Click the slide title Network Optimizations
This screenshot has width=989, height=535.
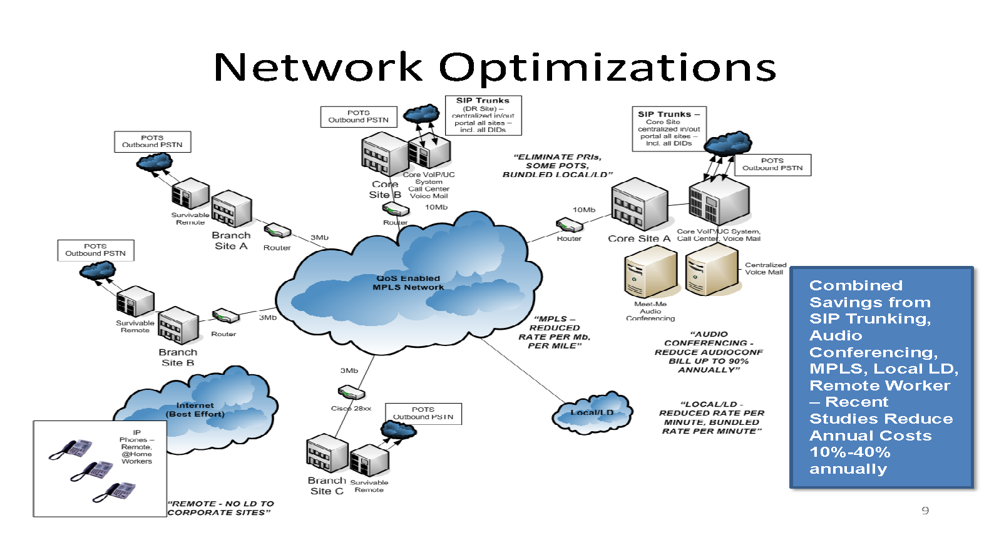click(x=494, y=67)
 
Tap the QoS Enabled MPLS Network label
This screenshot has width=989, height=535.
click(x=408, y=283)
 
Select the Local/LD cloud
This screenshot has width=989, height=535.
click(x=592, y=414)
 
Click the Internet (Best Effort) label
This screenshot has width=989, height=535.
click(x=195, y=410)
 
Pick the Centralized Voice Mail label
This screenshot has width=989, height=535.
click(x=765, y=268)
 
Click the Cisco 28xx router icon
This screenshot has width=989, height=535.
click(x=351, y=393)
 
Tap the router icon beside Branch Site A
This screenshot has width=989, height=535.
click(x=277, y=231)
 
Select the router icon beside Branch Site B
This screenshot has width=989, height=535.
click(x=225, y=315)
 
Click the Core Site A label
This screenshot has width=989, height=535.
click(x=638, y=238)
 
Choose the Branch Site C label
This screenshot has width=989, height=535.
click(x=327, y=486)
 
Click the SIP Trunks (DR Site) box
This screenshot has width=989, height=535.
click(x=483, y=115)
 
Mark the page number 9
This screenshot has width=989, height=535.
click(x=925, y=511)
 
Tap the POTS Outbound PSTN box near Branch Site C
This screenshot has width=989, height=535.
click(x=423, y=414)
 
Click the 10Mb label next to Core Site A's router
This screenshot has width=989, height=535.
click(x=584, y=210)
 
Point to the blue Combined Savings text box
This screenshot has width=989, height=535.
click(x=881, y=377)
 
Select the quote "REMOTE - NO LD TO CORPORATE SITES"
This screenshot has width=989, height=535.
click(x=220, y=507)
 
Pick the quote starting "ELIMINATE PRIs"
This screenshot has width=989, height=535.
click(x=557, y=166)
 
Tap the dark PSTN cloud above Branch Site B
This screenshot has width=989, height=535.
click(x=98, y=271)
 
